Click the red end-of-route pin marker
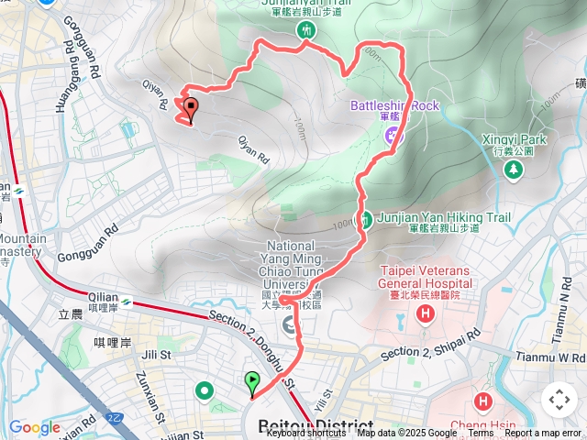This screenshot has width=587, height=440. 191,110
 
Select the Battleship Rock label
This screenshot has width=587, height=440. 394,105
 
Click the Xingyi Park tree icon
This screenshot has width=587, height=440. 515,169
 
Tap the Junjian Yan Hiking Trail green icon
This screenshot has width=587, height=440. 366,219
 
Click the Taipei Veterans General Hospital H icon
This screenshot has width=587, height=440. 425,314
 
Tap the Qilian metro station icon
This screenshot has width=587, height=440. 126,300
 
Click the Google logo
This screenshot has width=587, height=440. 35,427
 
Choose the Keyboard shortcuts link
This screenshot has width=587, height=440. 306,434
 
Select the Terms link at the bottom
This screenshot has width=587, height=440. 481,434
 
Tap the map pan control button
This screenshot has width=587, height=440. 559,400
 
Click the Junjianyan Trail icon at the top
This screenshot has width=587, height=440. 305,29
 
